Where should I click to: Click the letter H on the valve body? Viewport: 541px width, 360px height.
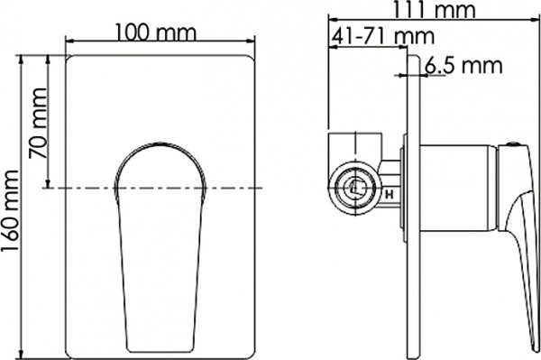[389, 192]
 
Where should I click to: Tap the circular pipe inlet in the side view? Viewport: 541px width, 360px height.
[357, 188]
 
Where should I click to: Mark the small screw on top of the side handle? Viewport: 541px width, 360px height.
[515, 143]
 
